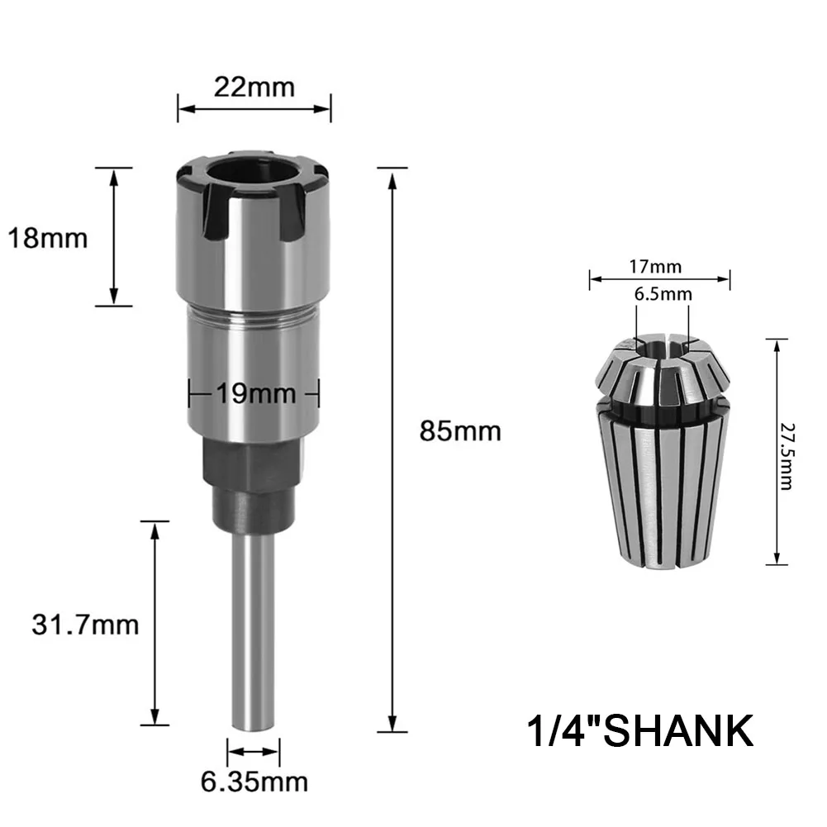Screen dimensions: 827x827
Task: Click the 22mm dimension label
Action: [254, 86]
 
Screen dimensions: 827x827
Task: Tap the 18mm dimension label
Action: [47, 239]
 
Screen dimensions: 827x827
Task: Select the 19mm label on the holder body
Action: [254, 394]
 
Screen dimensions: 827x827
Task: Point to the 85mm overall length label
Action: [460, 430]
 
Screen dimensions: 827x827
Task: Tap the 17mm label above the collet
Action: [658, 267]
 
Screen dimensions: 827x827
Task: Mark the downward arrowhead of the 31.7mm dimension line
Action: [154, 717]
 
